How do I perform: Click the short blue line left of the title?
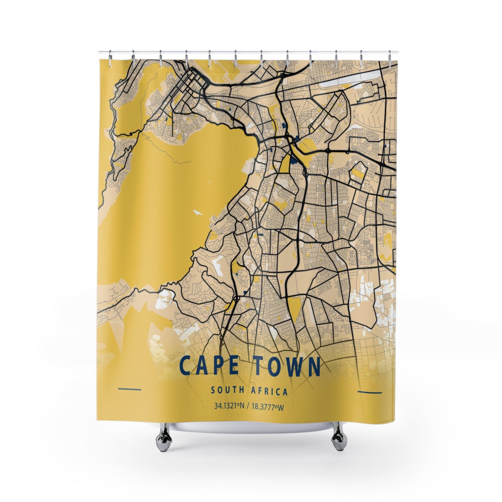coord(130,388)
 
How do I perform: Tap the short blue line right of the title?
coord(369,393)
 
